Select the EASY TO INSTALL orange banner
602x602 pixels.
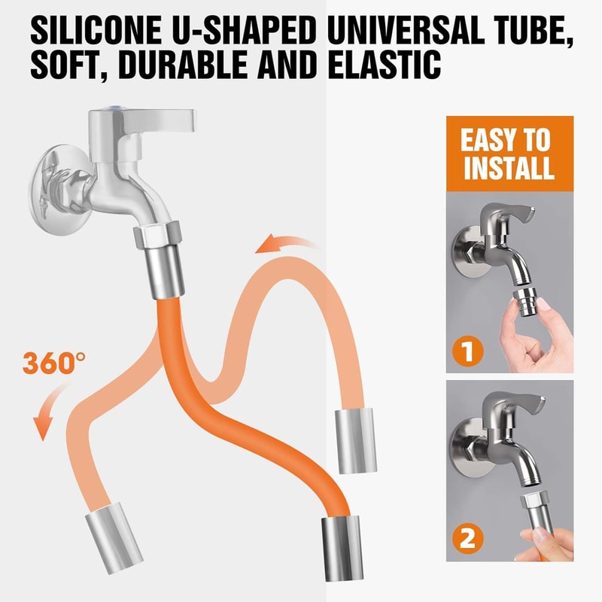coord(508,154)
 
